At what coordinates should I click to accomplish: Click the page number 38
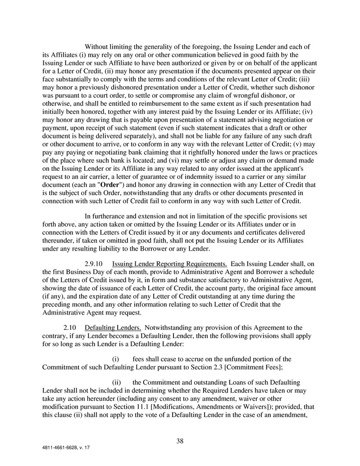point(180,441)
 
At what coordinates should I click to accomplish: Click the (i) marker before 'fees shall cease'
point(115,359)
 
